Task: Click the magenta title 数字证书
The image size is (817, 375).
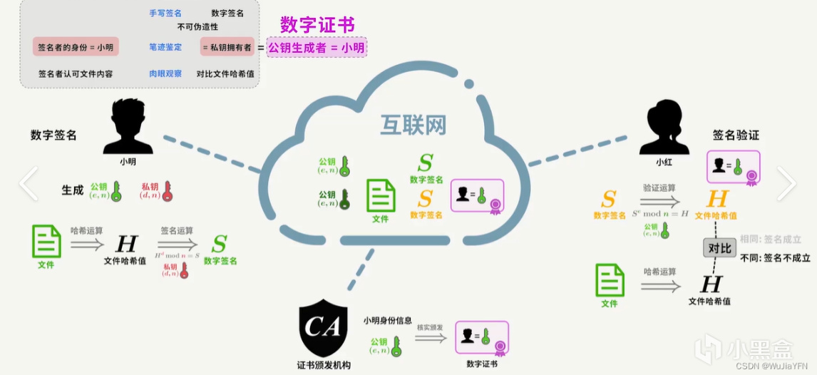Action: click(317, 25)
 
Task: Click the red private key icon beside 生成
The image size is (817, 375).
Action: click(168, 191)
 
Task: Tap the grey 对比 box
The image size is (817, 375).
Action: click(719, 248)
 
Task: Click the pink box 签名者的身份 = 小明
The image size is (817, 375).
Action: click(76, 48)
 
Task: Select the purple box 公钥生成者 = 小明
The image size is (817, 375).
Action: click(317, 48)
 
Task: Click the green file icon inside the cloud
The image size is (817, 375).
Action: click(381, 196)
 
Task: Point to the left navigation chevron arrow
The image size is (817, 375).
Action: click(28, 184)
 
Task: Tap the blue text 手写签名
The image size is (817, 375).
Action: click(165, 14)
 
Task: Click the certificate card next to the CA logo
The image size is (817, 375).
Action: click(481, 337)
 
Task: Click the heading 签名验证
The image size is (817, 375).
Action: click(736, 135)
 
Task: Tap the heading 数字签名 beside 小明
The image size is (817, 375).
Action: click(53, 135)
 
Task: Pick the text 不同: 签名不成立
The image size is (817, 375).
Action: click(775, 257)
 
